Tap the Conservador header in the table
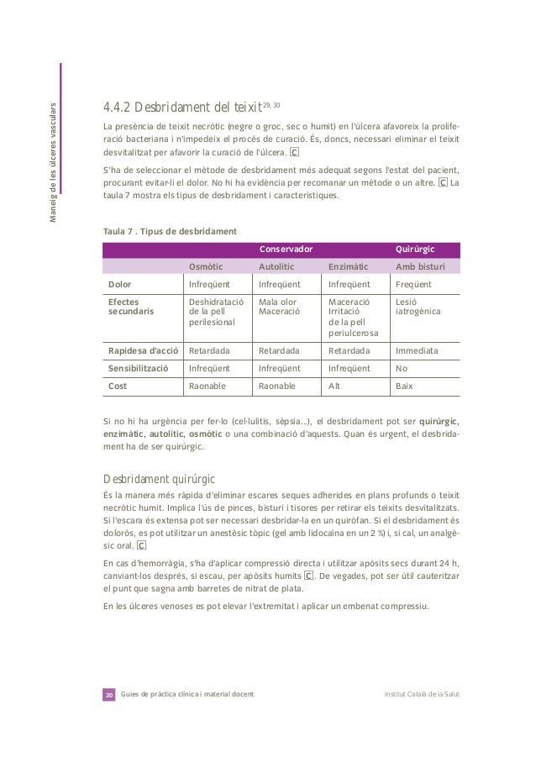point(286,250)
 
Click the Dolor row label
point(122,284)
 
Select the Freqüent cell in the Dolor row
point(414,284)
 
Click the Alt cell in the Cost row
point(334,386)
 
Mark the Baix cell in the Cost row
point(404,386)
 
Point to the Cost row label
point(118,386)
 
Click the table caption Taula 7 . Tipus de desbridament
point(168,230)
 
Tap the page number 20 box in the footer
point(108,696)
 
